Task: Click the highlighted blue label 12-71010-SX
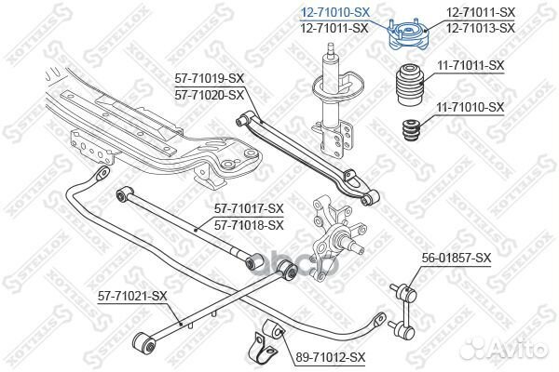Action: click(335, 12)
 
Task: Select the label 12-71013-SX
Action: click(481, 28)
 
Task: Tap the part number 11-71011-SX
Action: click(470, 65)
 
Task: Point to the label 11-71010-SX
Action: click(470, 107)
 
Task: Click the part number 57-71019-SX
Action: click(210, 78)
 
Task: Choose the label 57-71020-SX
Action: click(210, 96)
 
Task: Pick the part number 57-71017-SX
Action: click(249, 208)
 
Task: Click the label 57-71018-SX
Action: click(249, 225)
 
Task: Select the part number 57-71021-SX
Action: click(132, 296)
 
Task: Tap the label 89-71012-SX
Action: click(331, 357)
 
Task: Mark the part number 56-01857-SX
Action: click(457, 258)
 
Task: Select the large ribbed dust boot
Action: click(410, 85)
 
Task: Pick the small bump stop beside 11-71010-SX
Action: click(410, 131)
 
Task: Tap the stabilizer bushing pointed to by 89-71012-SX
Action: click(273, 330)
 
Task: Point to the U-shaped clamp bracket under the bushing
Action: click(263, 346)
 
